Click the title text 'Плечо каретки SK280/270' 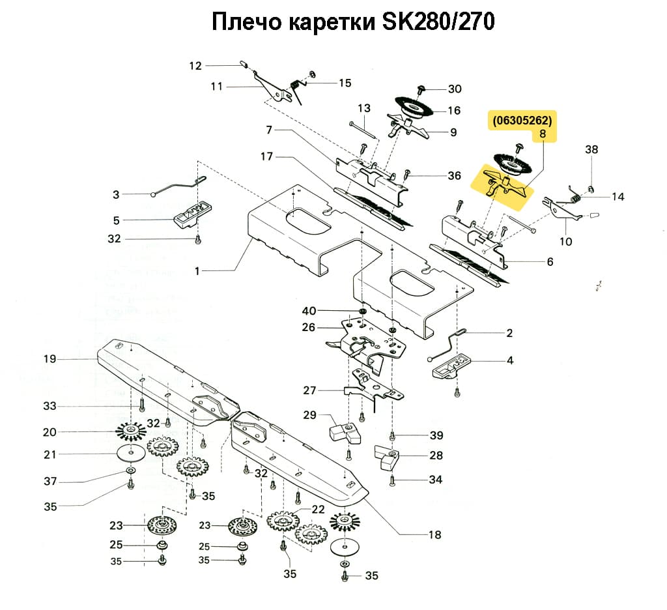pyautogui.click(x=352, y=23)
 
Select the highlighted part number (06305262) pyautogui.click(x=522, y=121)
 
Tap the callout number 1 pyautogui.click(x=197, y=270)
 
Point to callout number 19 pyautogui.click(x=50, y=358)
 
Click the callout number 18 pyautogui.click(x=434, y=535)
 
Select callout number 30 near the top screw pyautogui.click(x=454, y=89)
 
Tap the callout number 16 pyautogui.click(x=453, y=110)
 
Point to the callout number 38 pyautogui.click(x=591, y=149)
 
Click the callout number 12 pyautogui.click(x=196, y=65)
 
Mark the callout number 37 pyautogui.click(x=50, y=482)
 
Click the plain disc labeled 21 pyautogui.click(x=132, y=454)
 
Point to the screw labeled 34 pyautogui.click(x=392, y=480)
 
